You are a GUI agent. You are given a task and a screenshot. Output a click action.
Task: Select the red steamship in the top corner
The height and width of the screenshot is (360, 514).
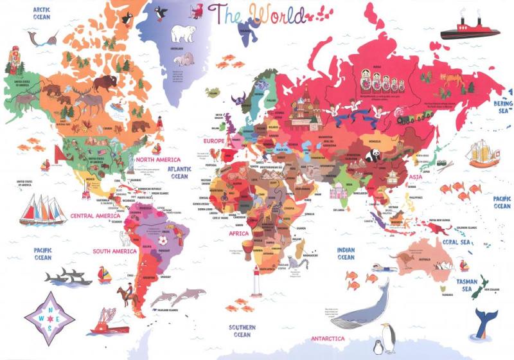(x=470, y=26)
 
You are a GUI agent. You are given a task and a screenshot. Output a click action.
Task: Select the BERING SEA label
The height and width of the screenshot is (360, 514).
(x=501, y=107)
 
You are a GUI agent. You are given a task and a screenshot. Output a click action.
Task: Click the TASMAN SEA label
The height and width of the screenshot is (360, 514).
(x=466, y=285)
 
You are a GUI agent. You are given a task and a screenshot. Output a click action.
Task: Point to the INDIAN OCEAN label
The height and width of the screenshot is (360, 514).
(x=346, y=253)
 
